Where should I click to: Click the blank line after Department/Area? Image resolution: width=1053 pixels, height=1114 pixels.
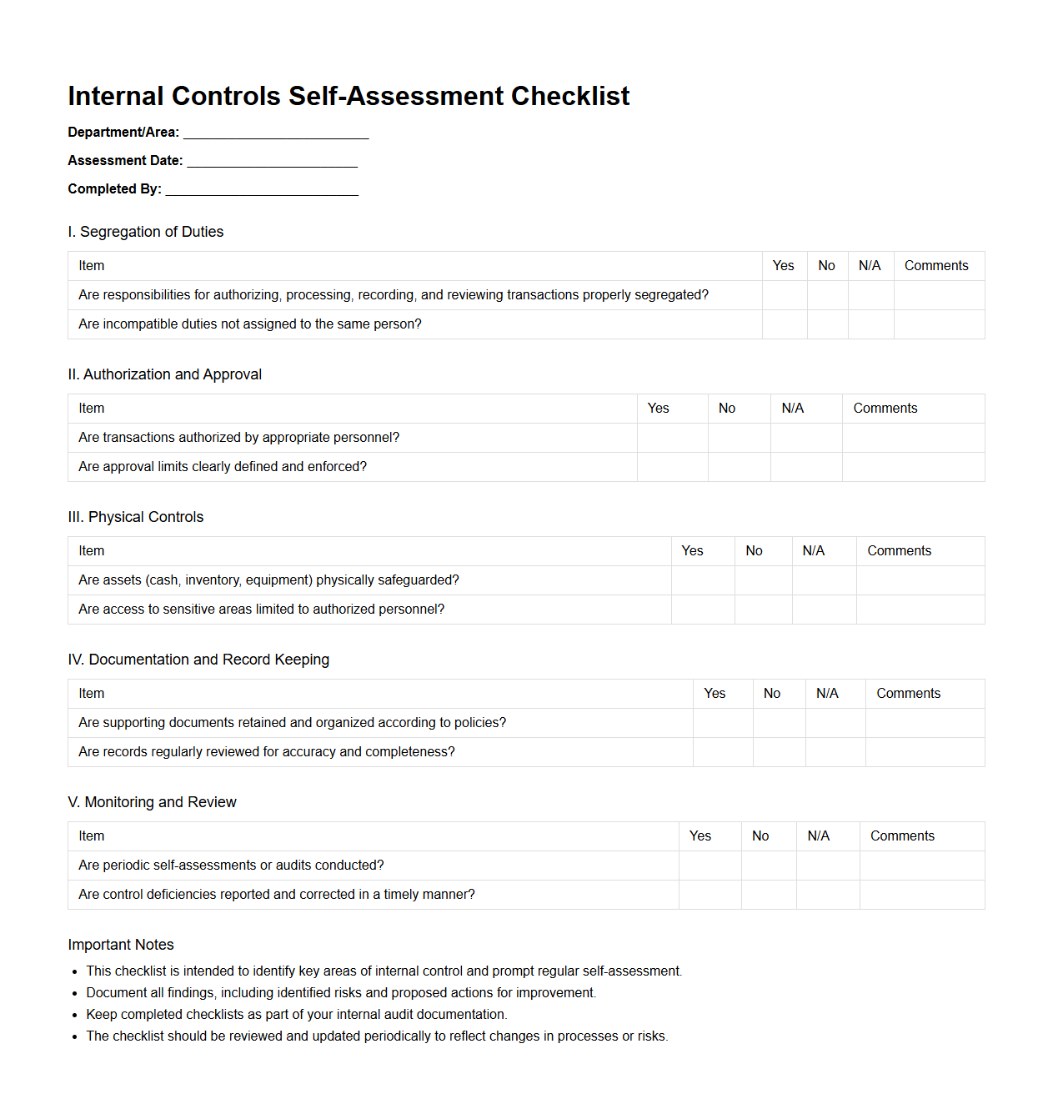click(x=276, y=133)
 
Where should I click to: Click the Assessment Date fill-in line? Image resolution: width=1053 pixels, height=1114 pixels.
click(x=272, y=162)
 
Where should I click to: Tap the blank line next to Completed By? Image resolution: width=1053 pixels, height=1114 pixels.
click(x=262, y=190)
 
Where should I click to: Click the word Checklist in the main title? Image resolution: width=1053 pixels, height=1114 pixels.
click(x=570, y=97)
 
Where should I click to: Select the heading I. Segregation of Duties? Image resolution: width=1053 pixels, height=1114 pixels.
click(x=146, y=232)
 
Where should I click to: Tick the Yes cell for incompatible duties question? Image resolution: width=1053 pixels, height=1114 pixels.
click(x=785, y=324)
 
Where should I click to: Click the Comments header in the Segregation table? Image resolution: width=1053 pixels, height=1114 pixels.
click(x=936, y=266)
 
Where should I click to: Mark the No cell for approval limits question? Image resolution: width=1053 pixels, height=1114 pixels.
click(x=740, y=467)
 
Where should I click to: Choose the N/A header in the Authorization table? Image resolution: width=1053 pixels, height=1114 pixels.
click(x=793, y=409)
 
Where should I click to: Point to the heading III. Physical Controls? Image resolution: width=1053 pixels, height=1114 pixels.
click(x=136, y=517)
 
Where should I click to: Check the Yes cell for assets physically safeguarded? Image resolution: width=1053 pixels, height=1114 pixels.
click(x=703, y=580)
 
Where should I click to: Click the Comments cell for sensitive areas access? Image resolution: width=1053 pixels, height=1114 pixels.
click(x=920, y=610)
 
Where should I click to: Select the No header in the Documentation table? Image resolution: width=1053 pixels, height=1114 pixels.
click(x=772, y=694)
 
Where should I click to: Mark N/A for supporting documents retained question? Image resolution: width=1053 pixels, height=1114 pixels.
click(x=835, y=723)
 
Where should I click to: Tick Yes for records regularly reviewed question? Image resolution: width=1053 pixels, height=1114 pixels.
click(x=723, y=752)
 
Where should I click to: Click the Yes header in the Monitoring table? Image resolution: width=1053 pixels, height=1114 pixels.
click(x=700, y=836)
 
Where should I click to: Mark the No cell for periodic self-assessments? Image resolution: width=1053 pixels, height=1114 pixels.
click(x=769, y=866)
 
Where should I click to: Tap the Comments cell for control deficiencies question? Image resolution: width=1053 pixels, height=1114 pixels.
click(x=922, y=895)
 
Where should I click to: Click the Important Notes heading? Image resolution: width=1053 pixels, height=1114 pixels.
click(x=121, y=945)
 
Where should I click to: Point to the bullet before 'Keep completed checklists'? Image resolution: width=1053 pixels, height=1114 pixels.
click(x=75, y=1016)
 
